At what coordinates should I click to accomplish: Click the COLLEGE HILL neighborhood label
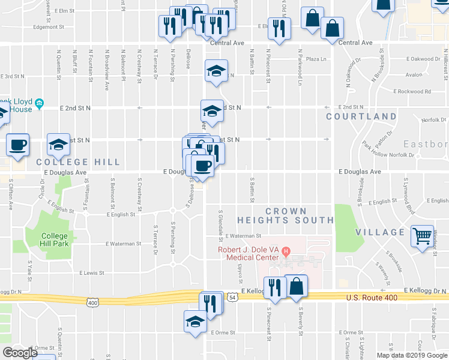tap(78, 162)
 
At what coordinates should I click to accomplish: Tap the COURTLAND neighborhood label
tap(361, 116)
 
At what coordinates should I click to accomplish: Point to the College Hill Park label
tap(55, 239)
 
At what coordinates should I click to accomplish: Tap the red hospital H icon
tap(286, 250)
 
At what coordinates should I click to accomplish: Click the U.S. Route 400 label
tap(372, 298)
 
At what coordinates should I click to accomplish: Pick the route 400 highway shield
tap(92, 303)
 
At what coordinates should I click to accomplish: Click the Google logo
tap(19, 353)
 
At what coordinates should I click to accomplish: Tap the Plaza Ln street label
tap(316, 59)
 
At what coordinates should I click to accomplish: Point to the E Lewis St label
tap(92, 272)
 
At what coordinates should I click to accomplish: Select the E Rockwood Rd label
tap(413, 92)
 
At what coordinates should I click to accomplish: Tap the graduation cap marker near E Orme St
tap(194, 321)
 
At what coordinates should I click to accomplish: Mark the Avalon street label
tap(414, 75)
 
